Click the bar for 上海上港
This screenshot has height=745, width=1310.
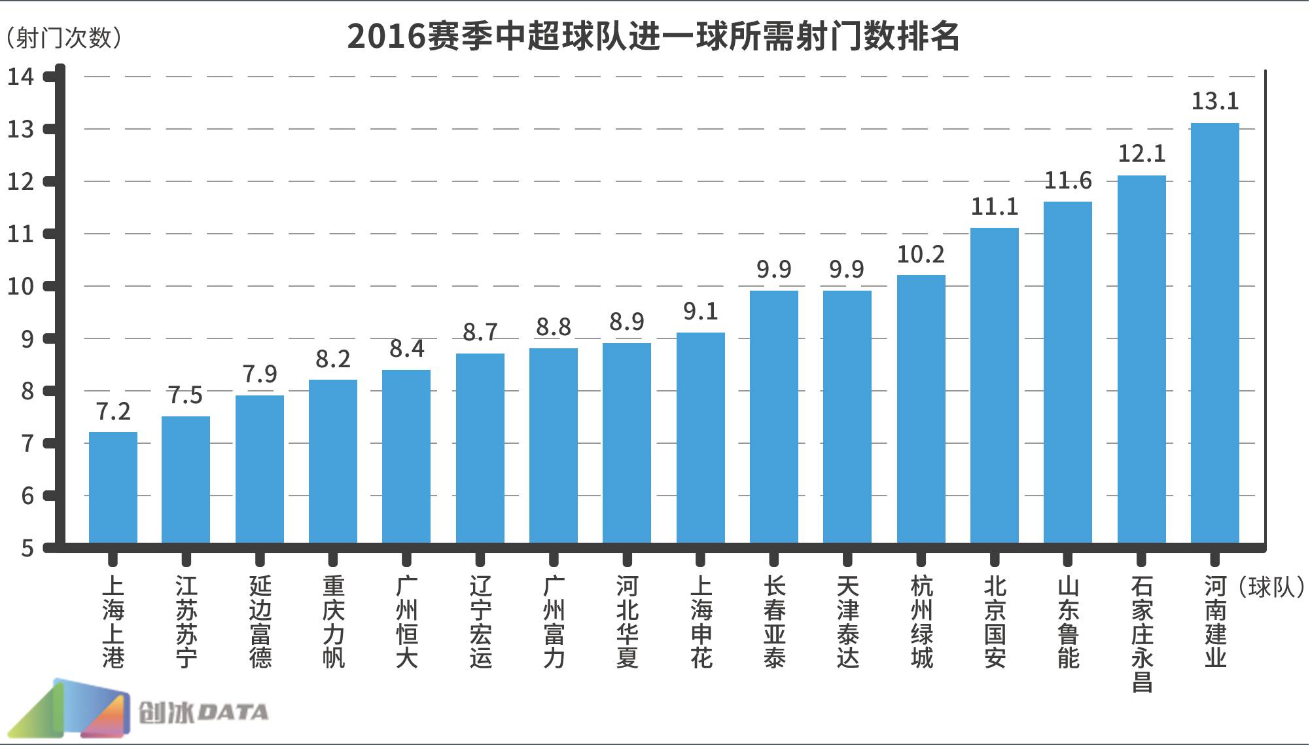pos(113,487)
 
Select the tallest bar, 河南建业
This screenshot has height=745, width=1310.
pos(1214,333)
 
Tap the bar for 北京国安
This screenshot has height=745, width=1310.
pos(994,385)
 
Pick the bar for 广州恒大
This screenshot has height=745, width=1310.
pos(406,456)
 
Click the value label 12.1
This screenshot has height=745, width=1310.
pos(1141,154)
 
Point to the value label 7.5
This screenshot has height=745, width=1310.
pos(185,395)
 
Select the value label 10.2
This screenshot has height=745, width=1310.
pos(921,254)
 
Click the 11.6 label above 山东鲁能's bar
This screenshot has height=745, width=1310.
pos(1068,180)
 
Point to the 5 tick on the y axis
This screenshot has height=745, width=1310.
pos(27,548)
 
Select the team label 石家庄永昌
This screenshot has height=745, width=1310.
pos(1142,634)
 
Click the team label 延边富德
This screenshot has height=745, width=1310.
pos(260,622)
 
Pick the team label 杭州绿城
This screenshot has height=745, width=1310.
pos(921,622)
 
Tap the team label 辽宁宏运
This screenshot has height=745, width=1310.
pos(480,622)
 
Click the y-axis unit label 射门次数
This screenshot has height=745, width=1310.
pos(63,38)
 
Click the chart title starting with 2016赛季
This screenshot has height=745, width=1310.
pos(653,37)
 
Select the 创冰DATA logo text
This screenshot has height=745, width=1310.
pos(203,712)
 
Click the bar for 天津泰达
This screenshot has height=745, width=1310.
pos(847,416)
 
